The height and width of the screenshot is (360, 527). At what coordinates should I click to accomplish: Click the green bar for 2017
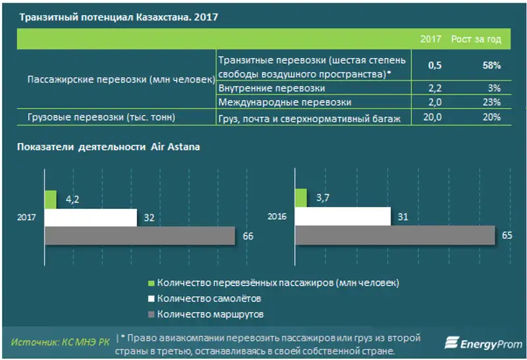click(50, 199)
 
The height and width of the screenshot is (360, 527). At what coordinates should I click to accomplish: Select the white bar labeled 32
click(90, 218)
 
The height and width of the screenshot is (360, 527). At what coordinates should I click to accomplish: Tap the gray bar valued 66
click(140, 235)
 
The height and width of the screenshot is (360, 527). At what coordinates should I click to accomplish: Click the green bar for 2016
click(300, 198)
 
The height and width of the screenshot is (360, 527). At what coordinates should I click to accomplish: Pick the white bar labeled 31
click(342, 216)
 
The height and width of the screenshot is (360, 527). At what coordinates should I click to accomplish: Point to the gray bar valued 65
click(395, 234)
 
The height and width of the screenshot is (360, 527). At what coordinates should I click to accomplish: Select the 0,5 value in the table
click(435, 66)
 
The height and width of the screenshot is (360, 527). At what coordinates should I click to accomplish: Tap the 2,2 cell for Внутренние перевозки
click(435, 88)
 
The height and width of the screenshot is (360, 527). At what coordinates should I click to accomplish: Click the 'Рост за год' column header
click(476, 39)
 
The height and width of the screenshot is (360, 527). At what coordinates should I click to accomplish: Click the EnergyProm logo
click(482, 343)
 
